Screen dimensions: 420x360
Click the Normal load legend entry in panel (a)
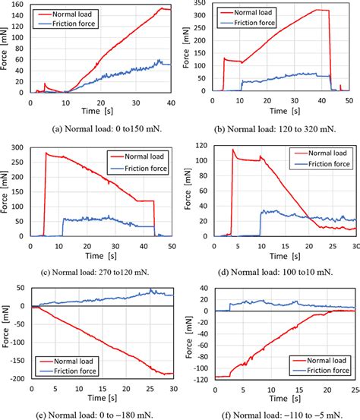click(x=77, y=14)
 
